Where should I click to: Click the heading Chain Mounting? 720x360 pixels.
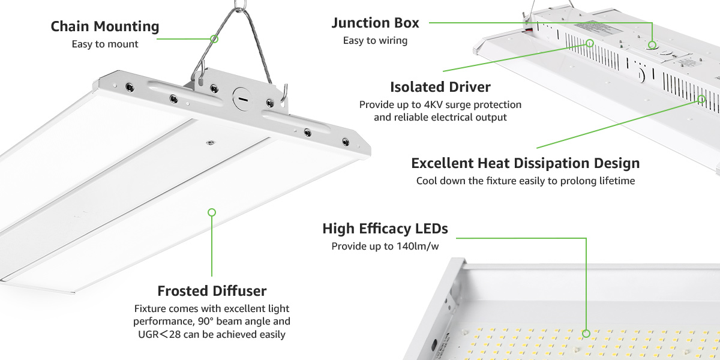104,26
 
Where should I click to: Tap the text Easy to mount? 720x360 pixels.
104,44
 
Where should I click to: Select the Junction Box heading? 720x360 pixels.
375,23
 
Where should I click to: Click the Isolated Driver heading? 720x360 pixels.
440,87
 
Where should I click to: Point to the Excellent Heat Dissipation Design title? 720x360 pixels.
525,163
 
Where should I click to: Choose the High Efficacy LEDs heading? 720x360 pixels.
385,229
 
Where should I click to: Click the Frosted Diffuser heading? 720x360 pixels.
212,291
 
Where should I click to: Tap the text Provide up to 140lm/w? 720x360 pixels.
385,246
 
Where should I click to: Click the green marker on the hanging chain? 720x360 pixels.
214,38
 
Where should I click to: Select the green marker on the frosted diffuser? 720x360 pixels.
211,212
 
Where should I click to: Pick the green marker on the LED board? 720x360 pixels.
586,333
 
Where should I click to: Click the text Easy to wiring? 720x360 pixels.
375,41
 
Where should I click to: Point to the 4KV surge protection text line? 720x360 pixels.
440,104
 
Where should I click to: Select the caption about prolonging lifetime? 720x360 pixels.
525,181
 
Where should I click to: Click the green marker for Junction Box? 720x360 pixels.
652,44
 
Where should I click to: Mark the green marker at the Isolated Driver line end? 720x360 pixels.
590,43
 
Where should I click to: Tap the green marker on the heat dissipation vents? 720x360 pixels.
701,99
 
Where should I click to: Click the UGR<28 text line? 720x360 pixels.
212,334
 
